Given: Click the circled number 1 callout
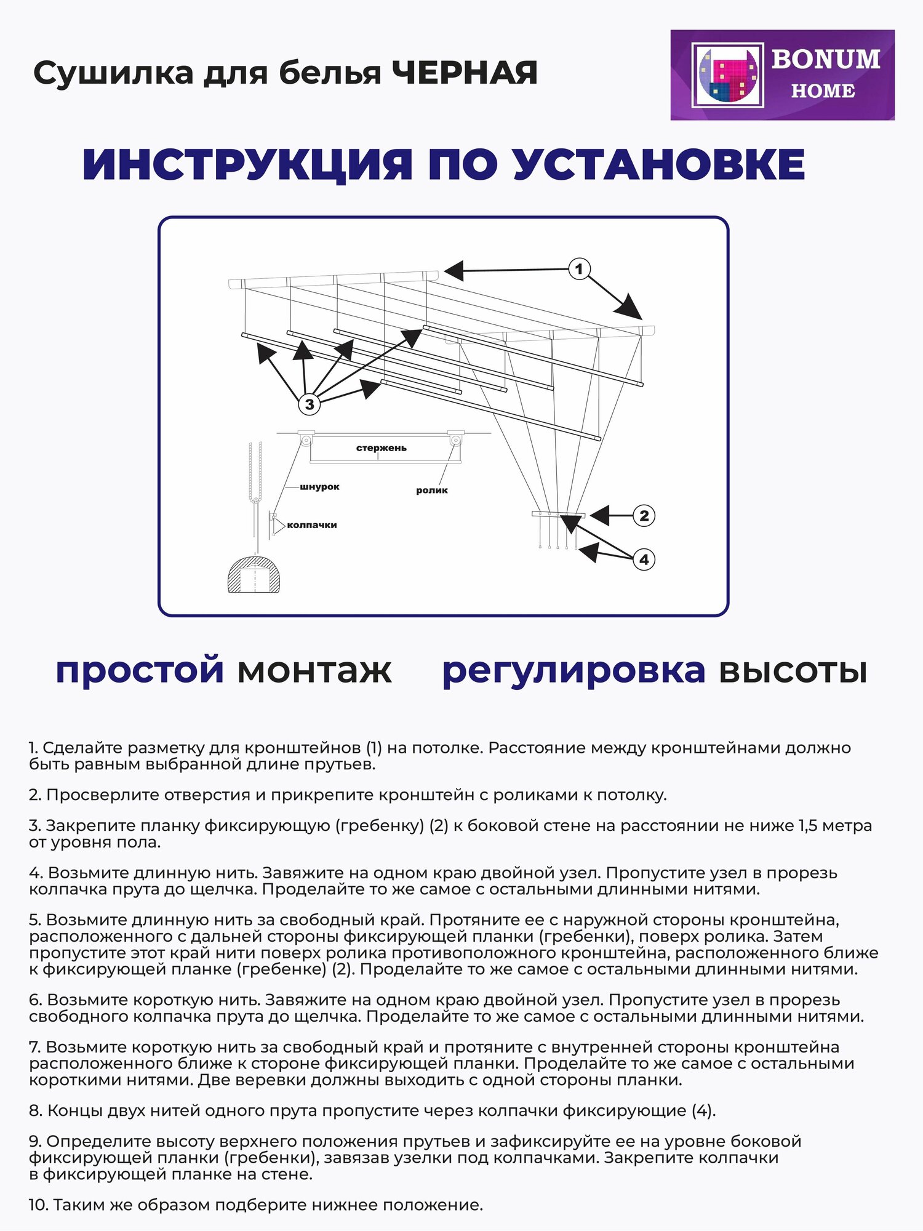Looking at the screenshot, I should coord(578,269).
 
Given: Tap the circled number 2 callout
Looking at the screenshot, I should coord(644,516).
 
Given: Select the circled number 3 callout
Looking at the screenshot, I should coord(309,404).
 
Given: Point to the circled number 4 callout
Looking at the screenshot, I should coord(644,559).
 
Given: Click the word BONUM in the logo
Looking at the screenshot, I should coord(825,60).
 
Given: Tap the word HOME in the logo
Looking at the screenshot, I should coord(823,91).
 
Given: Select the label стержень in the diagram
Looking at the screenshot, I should coord(381,448).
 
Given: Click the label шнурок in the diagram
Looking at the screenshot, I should coord(319,487).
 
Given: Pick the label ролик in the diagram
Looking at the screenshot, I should coord(431,491).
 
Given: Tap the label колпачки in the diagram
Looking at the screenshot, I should coord(311,525).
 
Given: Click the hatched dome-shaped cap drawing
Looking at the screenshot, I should coord(254,575).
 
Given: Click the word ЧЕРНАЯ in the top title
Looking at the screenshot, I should coord(465,73).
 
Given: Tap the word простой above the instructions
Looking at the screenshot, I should coord(140,670).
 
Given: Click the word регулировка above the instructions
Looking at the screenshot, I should coord(573,670).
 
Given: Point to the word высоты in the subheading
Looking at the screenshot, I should coord(793,670).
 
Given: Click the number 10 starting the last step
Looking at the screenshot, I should coord(38,1205).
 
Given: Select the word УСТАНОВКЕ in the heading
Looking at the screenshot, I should coord(658,165).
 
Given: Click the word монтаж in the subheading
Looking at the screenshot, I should coord(314,670).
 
